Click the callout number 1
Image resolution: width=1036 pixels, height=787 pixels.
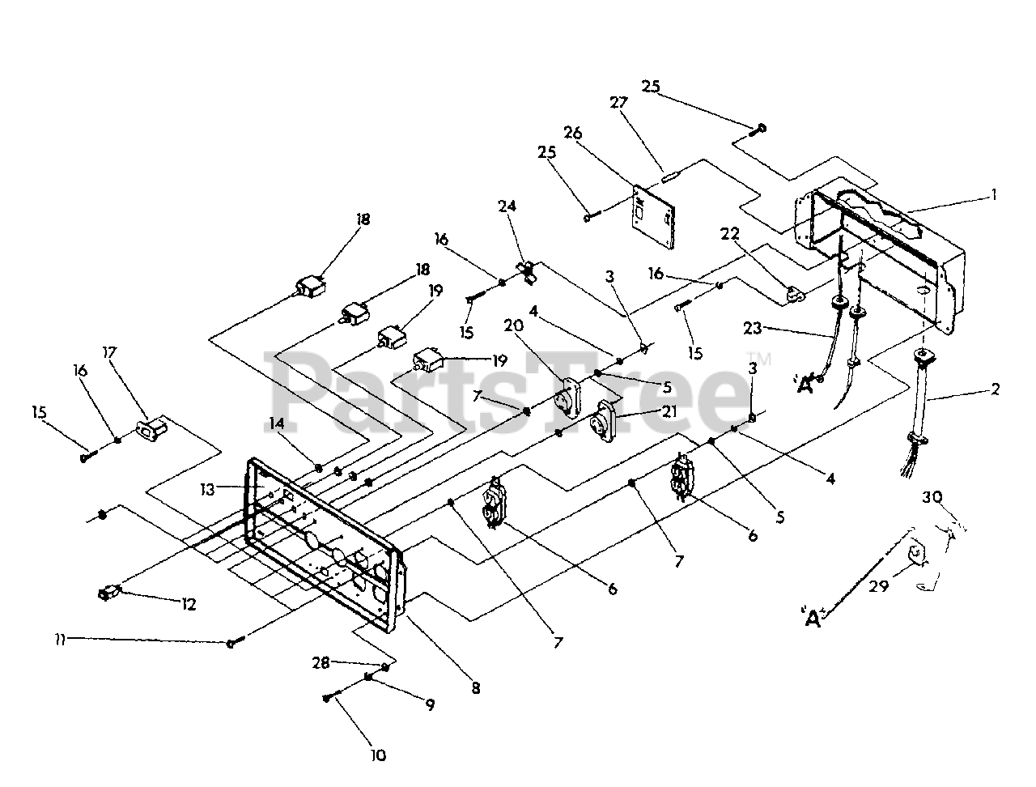coord(994,194)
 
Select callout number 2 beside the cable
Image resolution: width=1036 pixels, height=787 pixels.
coord(995,389)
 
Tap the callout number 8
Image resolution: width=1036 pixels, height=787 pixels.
coord(475,688)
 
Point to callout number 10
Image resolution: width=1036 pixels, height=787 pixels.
coord(378,755)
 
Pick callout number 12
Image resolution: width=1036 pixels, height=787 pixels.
coord(188,604)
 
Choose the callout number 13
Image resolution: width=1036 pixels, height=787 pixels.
coord(209,489)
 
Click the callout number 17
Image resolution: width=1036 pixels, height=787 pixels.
coord(110,353)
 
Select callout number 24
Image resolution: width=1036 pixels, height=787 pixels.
coord(507,206)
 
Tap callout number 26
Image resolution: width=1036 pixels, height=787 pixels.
coord(573,133)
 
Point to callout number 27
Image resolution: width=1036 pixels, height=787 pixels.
coord(618,103)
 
